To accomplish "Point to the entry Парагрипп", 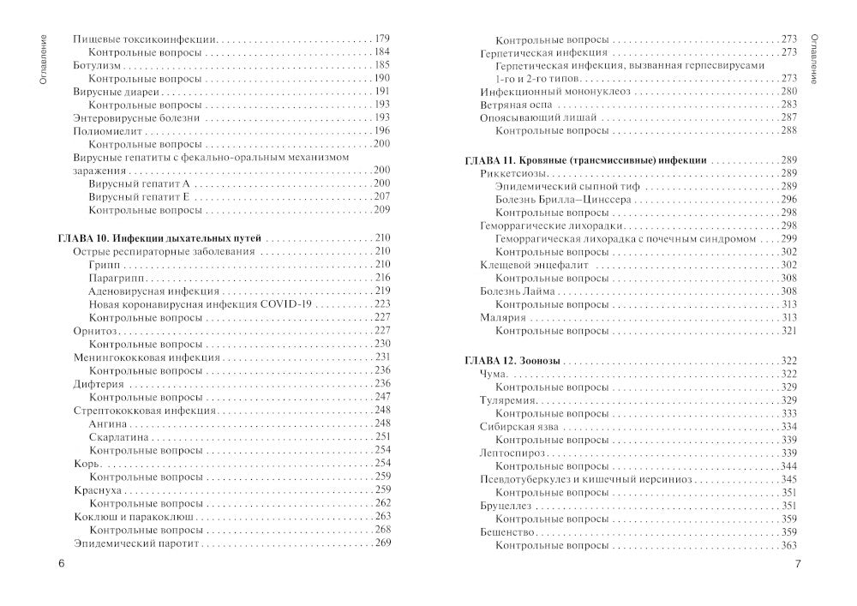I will point(117,278).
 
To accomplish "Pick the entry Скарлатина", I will point(120,436).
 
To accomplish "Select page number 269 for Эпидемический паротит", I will point(382,543).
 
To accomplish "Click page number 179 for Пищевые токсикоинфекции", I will point(382,39).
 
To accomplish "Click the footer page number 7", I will point(797,563).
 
